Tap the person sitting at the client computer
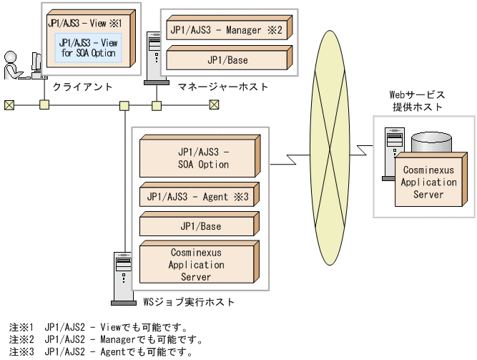tap(13, 64)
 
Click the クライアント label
tap(83, 87)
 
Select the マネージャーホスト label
tap(223, 87)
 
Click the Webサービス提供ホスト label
tap(417, 101)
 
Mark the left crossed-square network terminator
tap(9, 104)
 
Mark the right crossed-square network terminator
tap(214, 104)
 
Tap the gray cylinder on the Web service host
tap(428, 142)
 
